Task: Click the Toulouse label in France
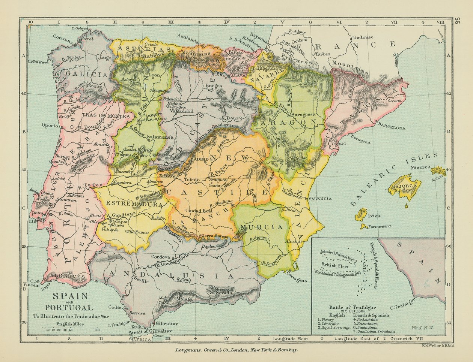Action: tap(363, 37)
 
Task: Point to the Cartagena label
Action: tap(296, 280)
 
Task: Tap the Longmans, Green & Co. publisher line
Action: tap(236, 350)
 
